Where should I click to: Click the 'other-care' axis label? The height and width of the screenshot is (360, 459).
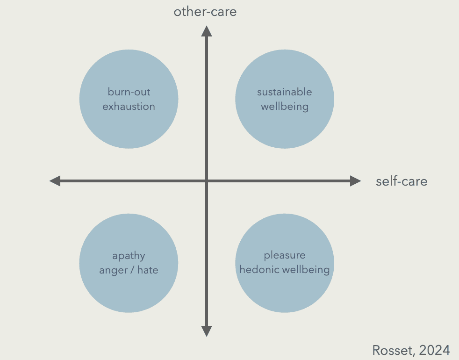click(x=205, y=12)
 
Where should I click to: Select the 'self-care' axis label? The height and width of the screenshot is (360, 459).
click(x=402, y=181)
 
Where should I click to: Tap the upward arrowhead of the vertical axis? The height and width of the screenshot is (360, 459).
click(x=206, y=31)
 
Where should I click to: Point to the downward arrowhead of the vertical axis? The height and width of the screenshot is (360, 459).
click(x=206, y=331)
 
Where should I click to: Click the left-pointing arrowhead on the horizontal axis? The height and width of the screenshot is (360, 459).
click(x=55, y=181)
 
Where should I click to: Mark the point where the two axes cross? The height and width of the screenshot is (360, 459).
click(x=206, y=181)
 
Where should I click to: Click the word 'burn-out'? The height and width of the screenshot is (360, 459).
click(x=129, y=92)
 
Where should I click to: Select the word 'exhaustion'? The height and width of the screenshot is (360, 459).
click(x=129, y=107)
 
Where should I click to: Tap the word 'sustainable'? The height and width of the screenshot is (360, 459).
click(x=284, y=92)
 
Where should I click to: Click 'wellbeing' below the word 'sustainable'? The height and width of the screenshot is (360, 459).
click(x=285, y=107)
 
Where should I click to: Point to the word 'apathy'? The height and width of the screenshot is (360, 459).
click(x=129, y=256)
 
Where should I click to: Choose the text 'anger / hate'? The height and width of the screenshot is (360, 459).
click(x=129, y=270)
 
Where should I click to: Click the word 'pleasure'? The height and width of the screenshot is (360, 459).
click(x=285, y=255)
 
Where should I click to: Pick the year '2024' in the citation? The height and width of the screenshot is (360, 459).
click(x=435, y=350)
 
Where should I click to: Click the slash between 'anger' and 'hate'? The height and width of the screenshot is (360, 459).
click(x=131, y=270)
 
